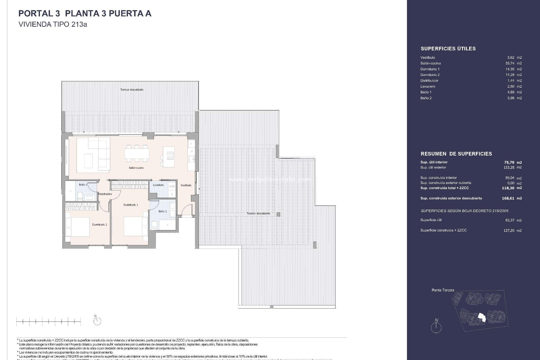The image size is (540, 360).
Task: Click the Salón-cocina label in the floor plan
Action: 136,168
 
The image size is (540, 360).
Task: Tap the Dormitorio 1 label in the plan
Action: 131,205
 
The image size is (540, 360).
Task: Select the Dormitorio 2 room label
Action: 100,225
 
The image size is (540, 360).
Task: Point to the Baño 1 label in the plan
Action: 163,211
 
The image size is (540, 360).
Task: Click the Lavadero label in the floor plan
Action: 158,185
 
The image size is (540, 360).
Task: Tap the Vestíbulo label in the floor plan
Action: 186,185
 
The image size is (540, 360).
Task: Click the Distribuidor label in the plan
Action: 105,194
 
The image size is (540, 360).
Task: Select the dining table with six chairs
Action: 137,154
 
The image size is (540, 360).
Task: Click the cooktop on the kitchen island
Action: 170,155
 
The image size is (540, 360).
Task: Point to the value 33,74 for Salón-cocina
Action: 510,63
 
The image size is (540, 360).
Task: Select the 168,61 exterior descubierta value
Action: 508,198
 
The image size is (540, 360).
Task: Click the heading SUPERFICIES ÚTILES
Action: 448,49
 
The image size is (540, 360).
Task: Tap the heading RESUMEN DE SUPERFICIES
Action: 456,154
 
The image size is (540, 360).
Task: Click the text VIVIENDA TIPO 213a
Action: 53,24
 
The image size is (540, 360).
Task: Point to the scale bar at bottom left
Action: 48,321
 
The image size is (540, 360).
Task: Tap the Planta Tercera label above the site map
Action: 443,290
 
